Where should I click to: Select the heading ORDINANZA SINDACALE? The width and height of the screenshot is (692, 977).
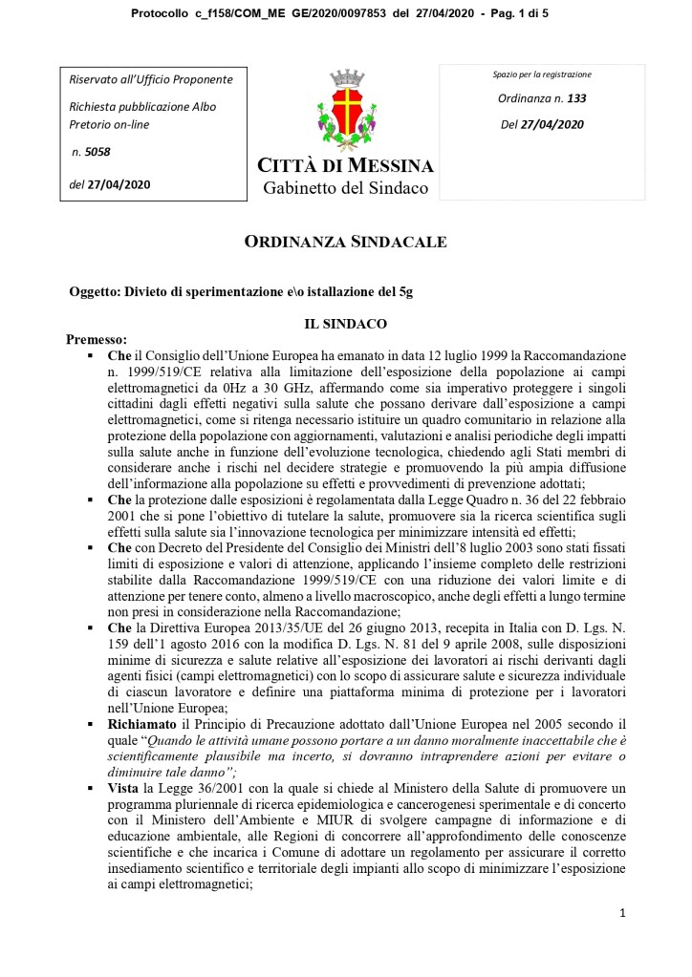coord(346,242)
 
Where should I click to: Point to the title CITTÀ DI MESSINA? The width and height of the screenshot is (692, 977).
coord(346,166)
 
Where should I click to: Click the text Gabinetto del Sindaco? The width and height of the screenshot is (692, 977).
coord(346,188)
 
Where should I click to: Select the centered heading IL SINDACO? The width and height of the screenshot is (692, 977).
coord(345,325)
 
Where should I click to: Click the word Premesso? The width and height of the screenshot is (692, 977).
coord(96,339)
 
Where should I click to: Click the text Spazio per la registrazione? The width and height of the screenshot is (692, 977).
coord(542,74)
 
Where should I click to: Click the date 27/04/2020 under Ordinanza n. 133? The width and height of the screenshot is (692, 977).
coord(554,124)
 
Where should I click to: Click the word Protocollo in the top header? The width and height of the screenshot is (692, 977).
coord(160,12)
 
